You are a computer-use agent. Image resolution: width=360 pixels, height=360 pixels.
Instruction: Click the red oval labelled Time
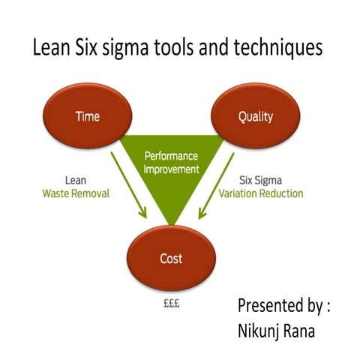click(88, 116)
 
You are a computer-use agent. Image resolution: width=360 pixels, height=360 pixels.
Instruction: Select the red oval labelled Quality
click(255, 116)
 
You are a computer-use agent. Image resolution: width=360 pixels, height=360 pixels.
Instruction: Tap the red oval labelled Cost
click(171, 259)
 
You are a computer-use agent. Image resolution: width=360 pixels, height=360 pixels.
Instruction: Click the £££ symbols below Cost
click(171, 305)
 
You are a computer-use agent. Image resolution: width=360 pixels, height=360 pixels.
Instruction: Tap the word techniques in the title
click(279, 49)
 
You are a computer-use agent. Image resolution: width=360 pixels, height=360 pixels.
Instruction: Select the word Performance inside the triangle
click(172, 157)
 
